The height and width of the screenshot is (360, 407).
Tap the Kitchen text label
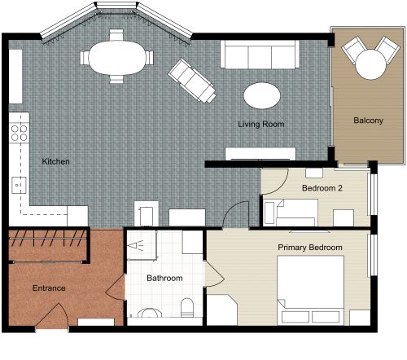(55, 162)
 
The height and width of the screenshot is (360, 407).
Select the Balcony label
(368, 121)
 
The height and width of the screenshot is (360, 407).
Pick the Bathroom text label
(164, 279)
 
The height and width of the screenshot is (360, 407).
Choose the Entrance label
(48, 288)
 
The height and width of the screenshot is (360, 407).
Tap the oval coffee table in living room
(265, 94)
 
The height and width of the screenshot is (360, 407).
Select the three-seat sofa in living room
(260, 56)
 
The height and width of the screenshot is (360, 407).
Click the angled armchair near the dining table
(191, 81)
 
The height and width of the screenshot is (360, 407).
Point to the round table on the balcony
(370, 63)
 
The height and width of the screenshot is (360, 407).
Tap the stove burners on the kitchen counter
(20, 132)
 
